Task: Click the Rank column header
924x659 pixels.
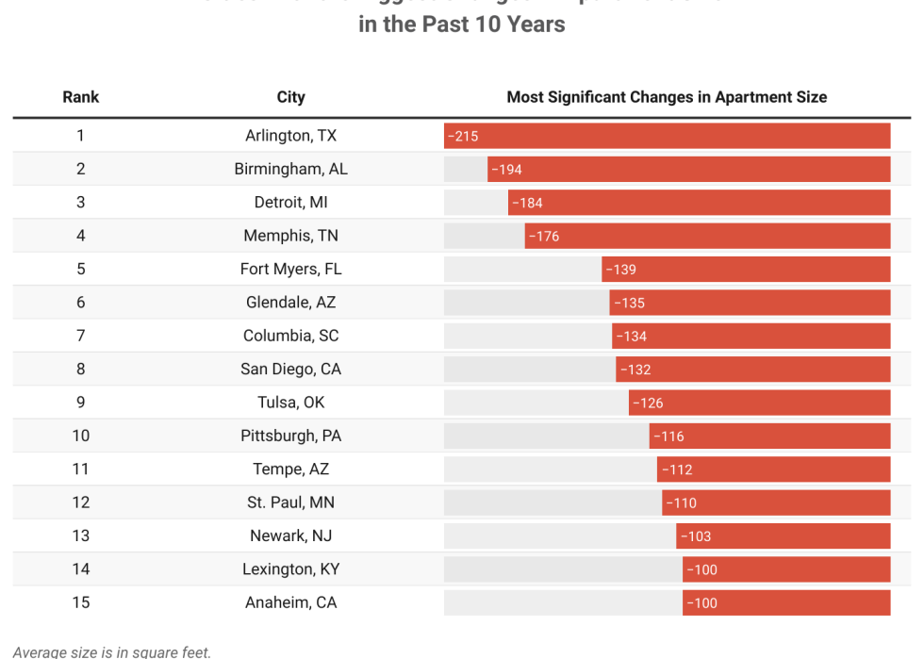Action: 80,97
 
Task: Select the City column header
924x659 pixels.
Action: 290,97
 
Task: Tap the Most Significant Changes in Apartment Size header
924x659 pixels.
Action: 666,97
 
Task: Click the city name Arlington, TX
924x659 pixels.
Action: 290,136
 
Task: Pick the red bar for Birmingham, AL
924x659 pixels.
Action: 688,170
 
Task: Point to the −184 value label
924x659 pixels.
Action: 527,203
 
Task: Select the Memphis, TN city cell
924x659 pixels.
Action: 290,236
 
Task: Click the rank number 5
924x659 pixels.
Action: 80,270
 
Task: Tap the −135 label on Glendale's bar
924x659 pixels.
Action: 629,303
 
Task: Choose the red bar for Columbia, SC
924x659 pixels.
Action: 751,337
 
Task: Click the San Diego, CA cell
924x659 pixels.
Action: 290,370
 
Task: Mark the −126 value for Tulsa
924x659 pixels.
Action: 648,403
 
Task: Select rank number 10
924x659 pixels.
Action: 80,436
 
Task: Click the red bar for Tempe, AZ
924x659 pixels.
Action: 773,470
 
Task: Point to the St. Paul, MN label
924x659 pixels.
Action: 290,502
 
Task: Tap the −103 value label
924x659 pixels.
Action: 695,536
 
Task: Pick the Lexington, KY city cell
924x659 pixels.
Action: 290,569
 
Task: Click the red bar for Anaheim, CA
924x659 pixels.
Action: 786,603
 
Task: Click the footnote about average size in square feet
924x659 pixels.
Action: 112,651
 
